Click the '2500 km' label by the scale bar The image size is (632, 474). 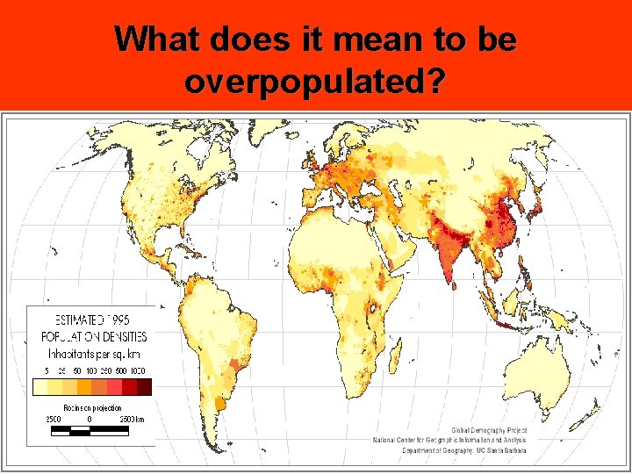132,419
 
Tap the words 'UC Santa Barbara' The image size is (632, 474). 499,450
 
